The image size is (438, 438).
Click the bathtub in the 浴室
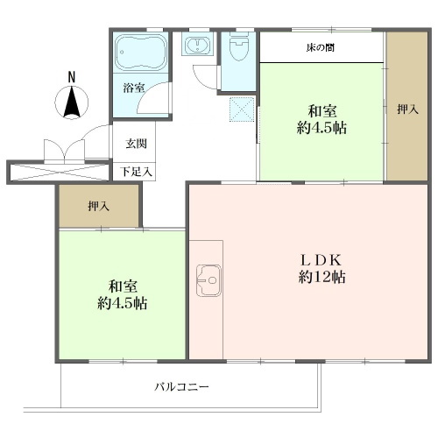click(x=141, y=53)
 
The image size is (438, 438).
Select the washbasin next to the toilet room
click(x=197, y=44)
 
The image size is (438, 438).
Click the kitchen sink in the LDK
click(x=208, y=280)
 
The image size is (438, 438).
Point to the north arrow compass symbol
click(x=72, y=102)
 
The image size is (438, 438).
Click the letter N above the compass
click(x=72, y=77)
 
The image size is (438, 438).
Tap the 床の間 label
click(x=321, y=47)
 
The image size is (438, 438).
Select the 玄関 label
click(x=136, y=144)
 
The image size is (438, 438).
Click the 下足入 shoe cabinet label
click(x=137, y=172)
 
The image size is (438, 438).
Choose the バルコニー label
click(x=181, y=387)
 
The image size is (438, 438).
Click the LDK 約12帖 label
click(x=321, y=269)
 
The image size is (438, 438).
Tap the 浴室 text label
click(x=134, y=88)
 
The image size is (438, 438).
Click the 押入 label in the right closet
click(x=407, y=109)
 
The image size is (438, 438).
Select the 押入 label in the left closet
click(x=99, y=207)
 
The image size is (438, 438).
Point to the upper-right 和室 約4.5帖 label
click(x=321, y=120)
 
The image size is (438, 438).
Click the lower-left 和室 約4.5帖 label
click(x=122, y=295)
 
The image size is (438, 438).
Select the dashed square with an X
click(x=242, y=109)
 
